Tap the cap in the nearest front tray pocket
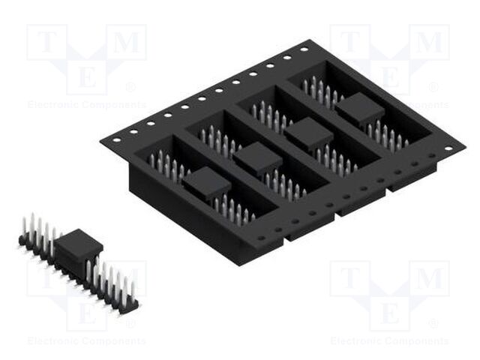click(x=206, y=182)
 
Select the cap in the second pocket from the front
click(x=257, y=157)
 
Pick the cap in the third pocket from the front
click(x=308, y=133)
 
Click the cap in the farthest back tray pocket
click(x=359, y=110)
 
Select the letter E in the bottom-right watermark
click(x=390, y=311)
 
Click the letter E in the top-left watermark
click(x=87, y=76)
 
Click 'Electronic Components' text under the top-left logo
click(x=87, y=105)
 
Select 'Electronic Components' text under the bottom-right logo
click(x=390, y=341)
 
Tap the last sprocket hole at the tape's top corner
click(x=304, y=49)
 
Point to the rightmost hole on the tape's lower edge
click(x=448, y=148)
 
